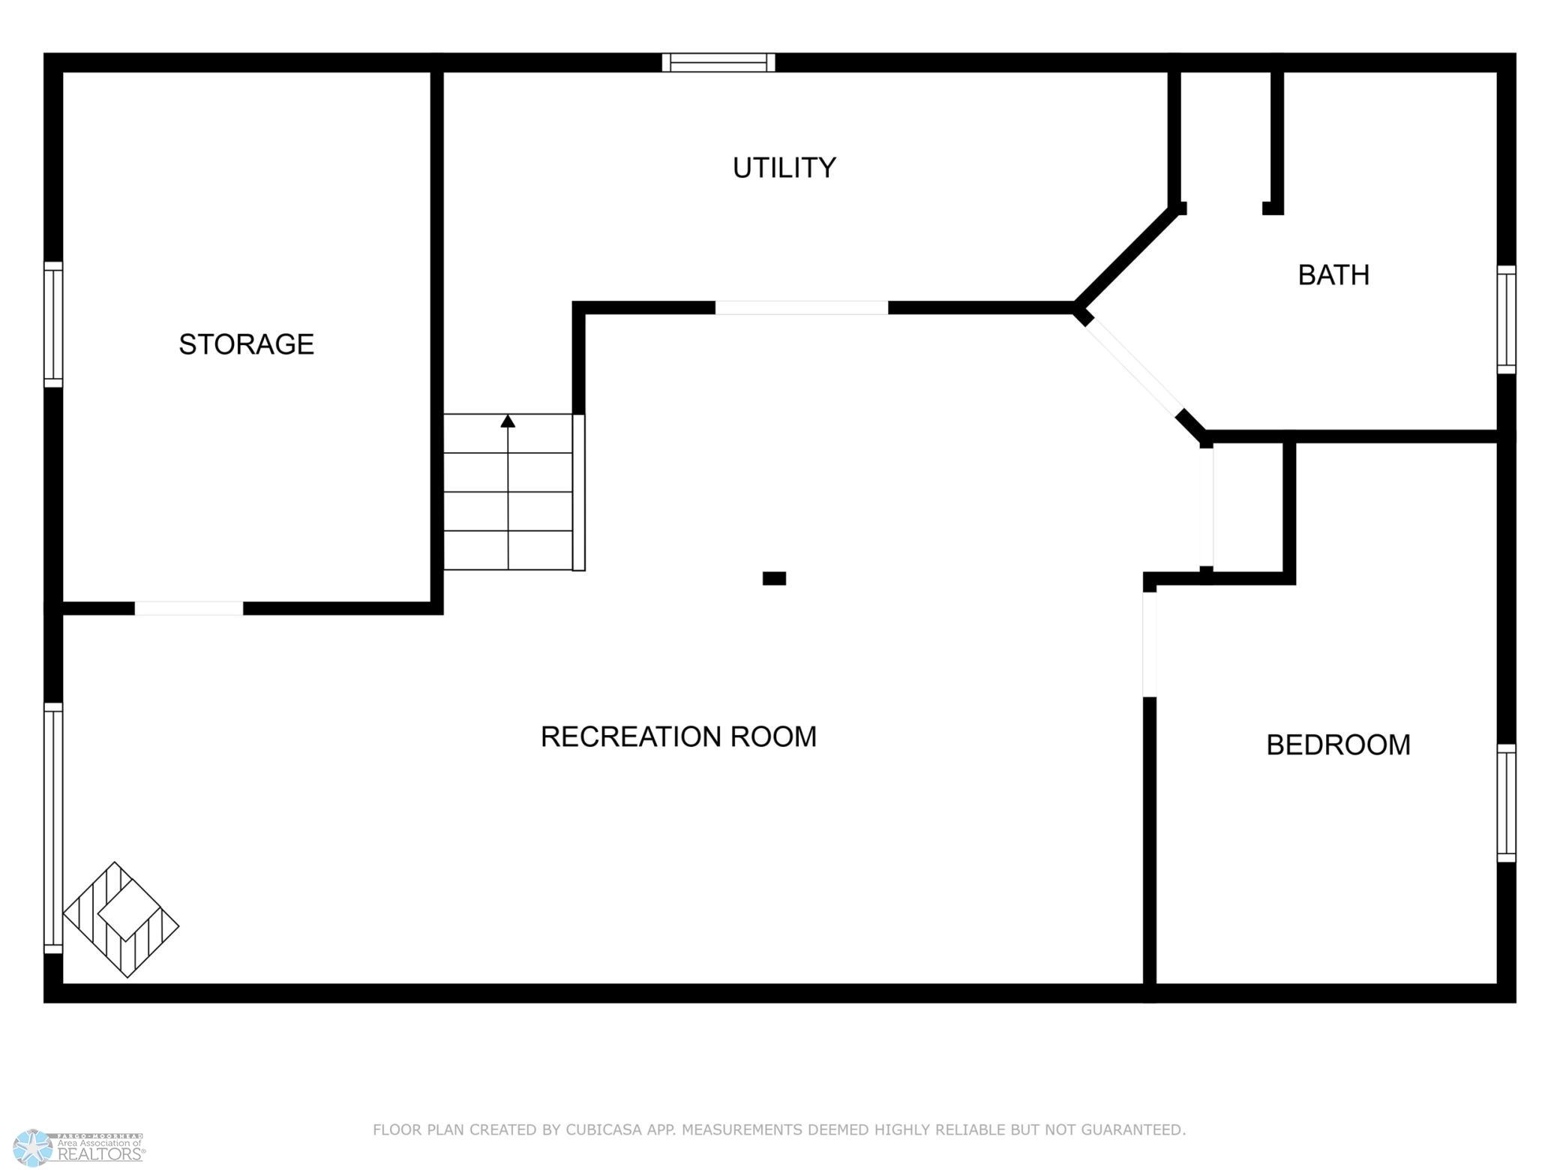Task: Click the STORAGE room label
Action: pyautogui.click(x=246, y=344)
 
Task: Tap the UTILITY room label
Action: pyautogui.click(x=784, y=168)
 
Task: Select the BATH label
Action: pyautogui.click(x=1333, y=275)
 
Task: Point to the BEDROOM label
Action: pyautogui.click(x=1338, y=745)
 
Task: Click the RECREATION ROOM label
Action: pyautogui.click(x=678, y=736)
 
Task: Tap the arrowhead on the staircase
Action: pyautogui.click(x=508, y=421)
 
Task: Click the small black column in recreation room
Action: pyautogui.click(x=774, y=578)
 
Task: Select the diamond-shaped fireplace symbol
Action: pyautogui.click(x=121, y=919)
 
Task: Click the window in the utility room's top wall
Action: pyautogui.click(x=718, y=62)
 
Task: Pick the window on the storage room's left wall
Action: pyautogui.click(x=53, y=325)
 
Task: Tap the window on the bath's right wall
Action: pyautogui.click(x=1506, y=319)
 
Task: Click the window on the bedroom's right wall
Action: pyautogui.click(x=1506, y=802)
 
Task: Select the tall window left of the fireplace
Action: pyautogui.click(x=53, y=828)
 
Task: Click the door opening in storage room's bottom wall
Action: pyautogui.click(x=189, y=608)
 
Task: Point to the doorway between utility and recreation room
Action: pyautogui.click(x=801, y=307)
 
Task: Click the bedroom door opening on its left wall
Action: pyautogui.click(x=1149, y=644)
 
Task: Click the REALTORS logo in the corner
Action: pyautogui.click(x=79, y=1148)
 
